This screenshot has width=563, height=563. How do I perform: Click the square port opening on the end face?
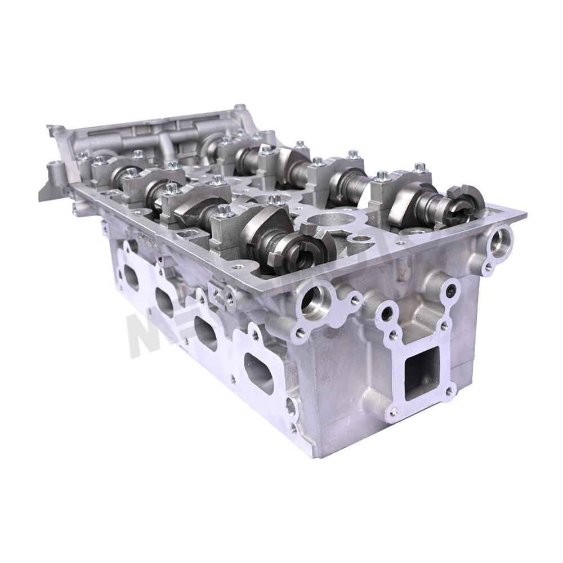point(422,372)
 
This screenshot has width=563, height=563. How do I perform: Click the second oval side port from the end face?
point(206,333)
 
